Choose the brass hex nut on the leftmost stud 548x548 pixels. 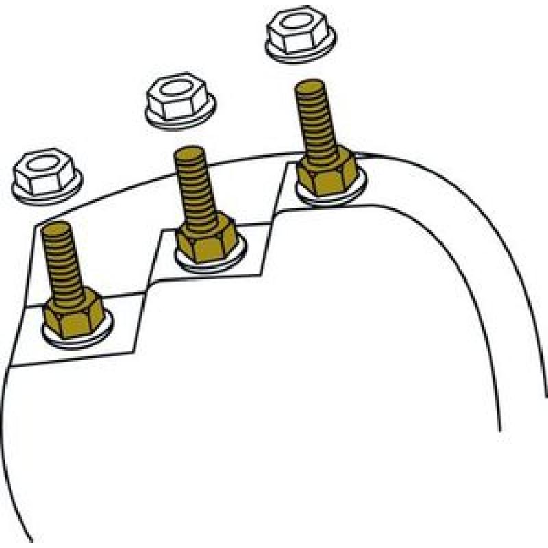point(73,316)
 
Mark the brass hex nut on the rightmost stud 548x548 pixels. point(327,173)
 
